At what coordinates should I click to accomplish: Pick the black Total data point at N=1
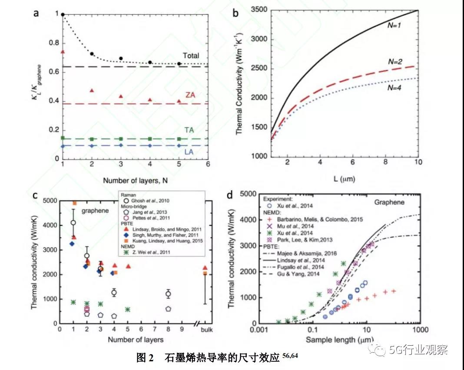point(63,15)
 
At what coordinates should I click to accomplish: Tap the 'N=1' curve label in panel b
point(394,26)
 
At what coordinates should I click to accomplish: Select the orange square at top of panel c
point(74,203)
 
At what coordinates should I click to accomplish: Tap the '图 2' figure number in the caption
point(145,357)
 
